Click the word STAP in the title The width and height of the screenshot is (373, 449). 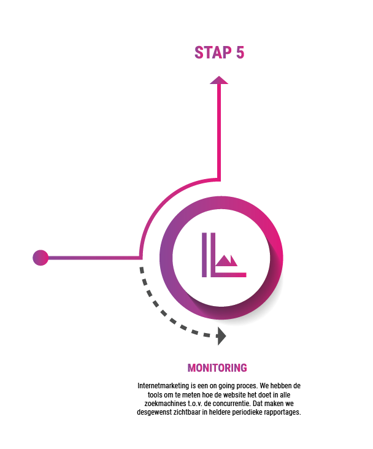(213, 53)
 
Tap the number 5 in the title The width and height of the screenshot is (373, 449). (240, 53)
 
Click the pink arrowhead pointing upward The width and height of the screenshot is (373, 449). (219, 80)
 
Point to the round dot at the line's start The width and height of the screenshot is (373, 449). (40, 258)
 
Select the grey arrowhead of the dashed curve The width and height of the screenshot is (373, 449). (221, 336)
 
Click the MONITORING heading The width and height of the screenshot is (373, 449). (217, 368)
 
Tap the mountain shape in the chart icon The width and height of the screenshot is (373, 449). (226, 261)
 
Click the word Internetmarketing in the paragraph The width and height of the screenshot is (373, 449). (163, 386)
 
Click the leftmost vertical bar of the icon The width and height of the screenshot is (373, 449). (204, 255)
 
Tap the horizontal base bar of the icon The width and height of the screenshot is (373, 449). (229, 275)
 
